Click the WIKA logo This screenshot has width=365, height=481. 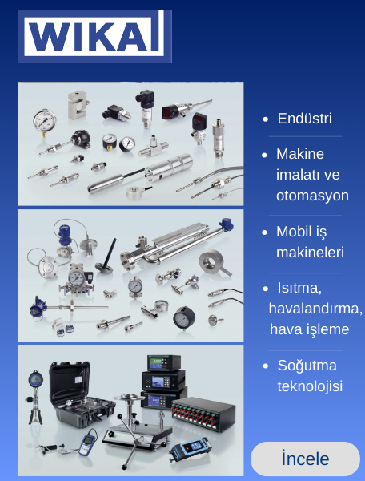tap(94, 36)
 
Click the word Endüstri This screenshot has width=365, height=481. tap(304, 119)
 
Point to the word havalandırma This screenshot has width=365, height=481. tap(315, 309)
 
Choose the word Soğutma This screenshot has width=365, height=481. tap(307, 366)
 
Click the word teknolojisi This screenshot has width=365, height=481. tap(310, 386)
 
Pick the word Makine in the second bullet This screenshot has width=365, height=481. tap(300, 153)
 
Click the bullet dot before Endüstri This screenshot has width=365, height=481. tap(266, 119)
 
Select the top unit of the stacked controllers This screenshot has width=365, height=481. tap(163, 362)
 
